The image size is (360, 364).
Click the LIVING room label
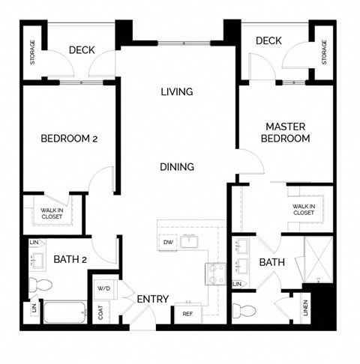tap(177, 92)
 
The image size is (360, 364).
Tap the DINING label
tap(177, 166)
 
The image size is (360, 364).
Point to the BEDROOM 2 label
tap(69, 139)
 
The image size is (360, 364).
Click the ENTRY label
tap(153, 299)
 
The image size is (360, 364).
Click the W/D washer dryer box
tap(103, 289)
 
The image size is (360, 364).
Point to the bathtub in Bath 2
tap(66, 312)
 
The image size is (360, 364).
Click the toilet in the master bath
tap(244, 311)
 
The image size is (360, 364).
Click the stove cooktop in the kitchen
tap(215, 275)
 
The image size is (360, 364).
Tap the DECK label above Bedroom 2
tap(81, 50)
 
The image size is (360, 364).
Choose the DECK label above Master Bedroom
tap(268, 40)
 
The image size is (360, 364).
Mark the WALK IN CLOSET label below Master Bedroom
tap(303, 209)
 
